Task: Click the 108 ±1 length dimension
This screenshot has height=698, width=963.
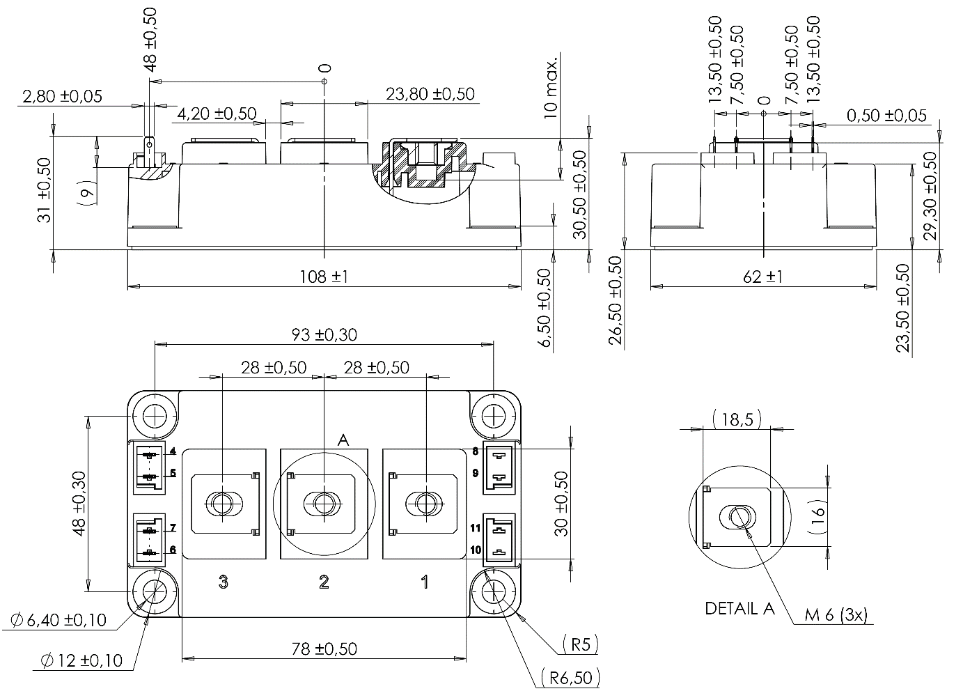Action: (323, 277)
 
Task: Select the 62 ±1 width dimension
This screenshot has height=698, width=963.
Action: (762, 277)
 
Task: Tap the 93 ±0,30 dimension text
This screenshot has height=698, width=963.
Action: (323, 334)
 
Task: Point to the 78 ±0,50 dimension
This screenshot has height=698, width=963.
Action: (323, 649)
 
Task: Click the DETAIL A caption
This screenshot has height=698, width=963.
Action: (739, 608)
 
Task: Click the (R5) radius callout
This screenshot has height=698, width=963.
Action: (579, 644)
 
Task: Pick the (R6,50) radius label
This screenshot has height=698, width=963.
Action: (569, 677)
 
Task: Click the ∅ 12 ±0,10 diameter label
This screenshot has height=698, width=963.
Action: (81, 660)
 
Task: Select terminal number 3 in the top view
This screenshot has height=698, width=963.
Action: (223, 582)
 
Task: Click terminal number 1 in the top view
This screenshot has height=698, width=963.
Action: (425, 582)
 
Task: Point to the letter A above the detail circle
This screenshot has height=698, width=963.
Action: (343, 440)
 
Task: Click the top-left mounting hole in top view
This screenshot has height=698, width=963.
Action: (154, 417)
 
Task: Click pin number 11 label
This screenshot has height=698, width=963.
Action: (476, 527)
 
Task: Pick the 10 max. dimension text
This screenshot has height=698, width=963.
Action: (551, 83)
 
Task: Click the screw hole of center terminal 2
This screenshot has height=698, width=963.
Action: (324, 503)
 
